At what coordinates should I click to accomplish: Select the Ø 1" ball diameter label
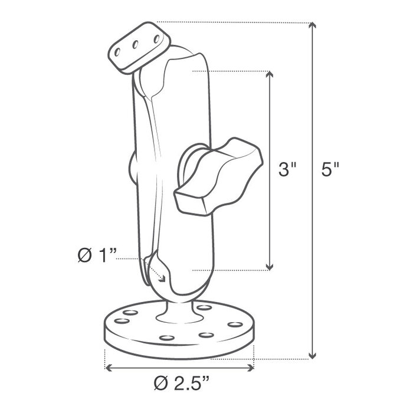pos(98,255)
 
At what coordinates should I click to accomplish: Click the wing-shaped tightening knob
pos(219,175)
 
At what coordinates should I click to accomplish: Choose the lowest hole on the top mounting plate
pos(120,51)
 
